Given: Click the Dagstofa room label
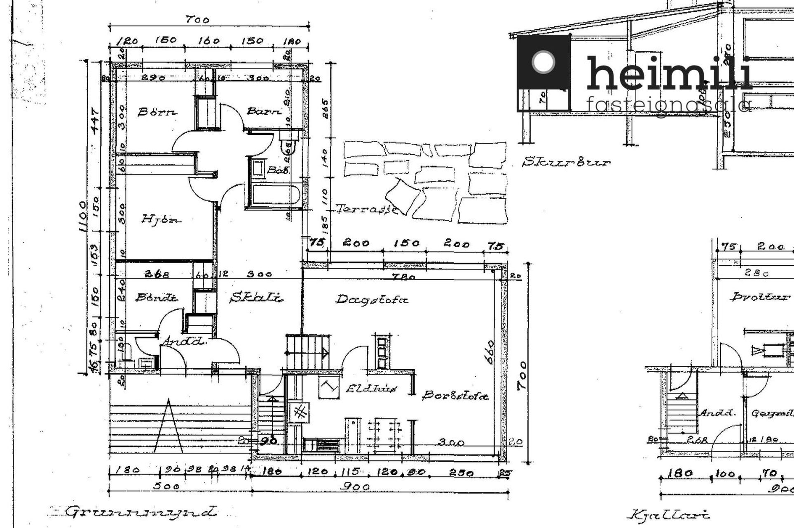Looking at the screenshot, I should (x=372, y=299).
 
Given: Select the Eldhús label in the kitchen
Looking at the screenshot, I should (x=371, y=389).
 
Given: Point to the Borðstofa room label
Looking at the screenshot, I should (x=455, y=396).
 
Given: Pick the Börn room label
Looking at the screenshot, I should (x=157, y=112).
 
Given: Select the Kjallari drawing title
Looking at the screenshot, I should (x=668, y=515).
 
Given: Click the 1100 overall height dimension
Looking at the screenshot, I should (x=82, y=217).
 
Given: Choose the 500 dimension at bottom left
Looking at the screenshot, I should (x=166, y=486).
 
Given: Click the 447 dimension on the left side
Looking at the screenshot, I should (x=95, y=120).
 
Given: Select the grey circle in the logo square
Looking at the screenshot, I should (x=543, y=62).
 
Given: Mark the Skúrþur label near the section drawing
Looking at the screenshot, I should (x=566, y=162).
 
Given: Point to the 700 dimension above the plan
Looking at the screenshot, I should (x=197, y=19).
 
